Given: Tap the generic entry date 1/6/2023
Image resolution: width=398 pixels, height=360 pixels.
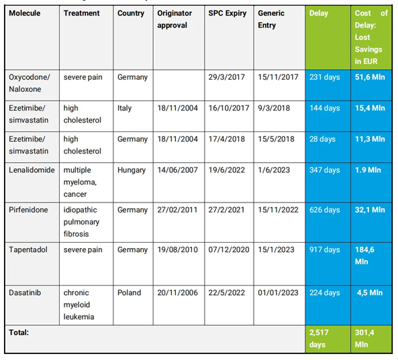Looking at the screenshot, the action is click(274, 170).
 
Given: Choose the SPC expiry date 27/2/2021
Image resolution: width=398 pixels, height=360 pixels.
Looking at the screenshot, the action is click(226, 210).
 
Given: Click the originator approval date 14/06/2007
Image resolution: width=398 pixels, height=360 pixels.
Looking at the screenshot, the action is click(177, 170).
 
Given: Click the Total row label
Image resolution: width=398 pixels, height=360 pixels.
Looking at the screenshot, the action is click(19, 333).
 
